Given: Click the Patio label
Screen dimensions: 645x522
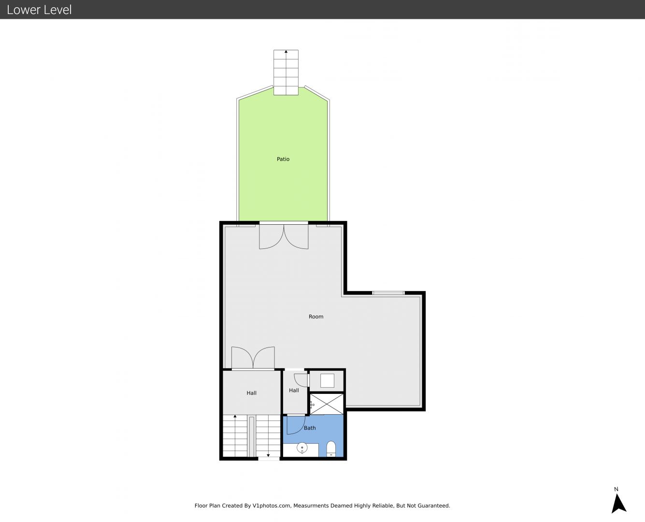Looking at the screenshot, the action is (x=283, y=159).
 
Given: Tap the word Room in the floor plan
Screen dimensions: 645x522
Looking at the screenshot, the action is (x=316, y=317).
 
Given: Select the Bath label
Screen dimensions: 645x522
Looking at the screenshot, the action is (x=310, y=428).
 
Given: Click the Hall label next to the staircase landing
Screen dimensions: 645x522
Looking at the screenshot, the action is (x=251, y=393).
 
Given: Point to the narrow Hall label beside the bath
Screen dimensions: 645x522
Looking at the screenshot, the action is (x=294, y=390).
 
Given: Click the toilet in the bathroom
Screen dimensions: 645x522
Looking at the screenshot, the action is (x=331, y=449).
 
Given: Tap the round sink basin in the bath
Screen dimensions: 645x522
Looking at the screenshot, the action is (x=302, y=448).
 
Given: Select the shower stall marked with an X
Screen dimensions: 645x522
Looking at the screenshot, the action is (x=327, y=404).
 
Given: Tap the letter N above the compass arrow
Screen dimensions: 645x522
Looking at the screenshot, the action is (x=616, y=489).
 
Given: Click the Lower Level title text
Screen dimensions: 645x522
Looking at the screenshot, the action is (x=39, y=10).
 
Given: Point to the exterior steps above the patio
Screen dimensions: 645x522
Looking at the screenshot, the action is (x=286, y=72).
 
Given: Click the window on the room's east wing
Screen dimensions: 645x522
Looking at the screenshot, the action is (x=388, y=293).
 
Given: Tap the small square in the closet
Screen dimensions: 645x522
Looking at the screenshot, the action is (x=327, y=380).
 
